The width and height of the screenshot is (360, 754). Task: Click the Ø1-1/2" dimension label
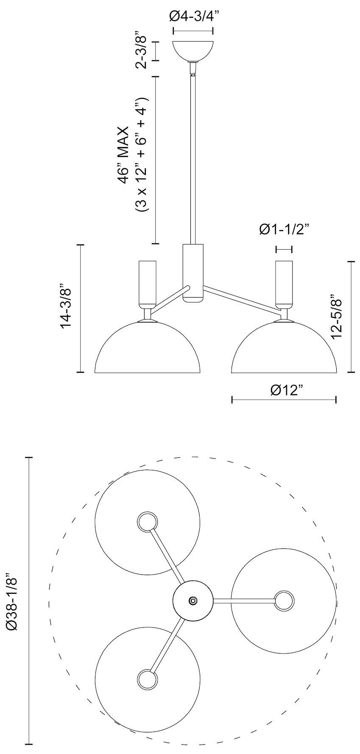284,229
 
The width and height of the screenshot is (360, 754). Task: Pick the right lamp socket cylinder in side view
284,283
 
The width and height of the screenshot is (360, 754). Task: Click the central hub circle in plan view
193,600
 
